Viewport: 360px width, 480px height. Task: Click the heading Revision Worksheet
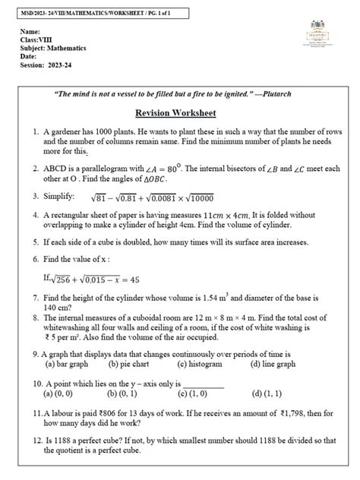click(x=175, y=113)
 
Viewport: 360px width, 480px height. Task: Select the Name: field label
click(x=33, y=32)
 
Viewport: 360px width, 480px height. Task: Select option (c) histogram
click(x=204, y=363)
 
